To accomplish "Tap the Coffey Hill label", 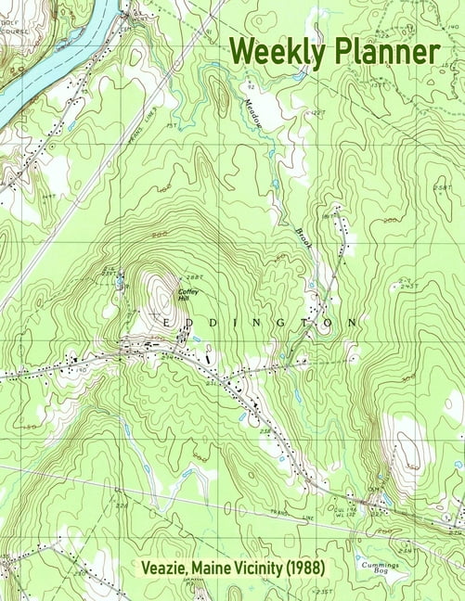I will [188, 295].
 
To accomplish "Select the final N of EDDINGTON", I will [353, 322].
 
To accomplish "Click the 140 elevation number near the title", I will [451, 28].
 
